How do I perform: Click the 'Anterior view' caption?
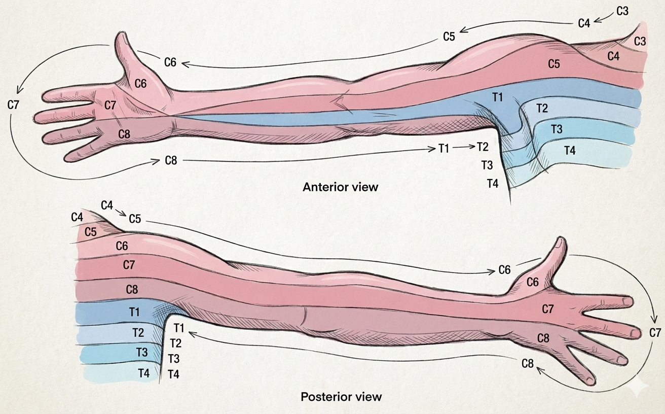(x=340, y=187)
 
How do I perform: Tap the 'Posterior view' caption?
(x=341, y=396)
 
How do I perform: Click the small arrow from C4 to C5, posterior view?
(x=121, y=212)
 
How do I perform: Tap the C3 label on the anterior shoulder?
(x=640, y=42)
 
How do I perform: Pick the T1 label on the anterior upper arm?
(x=497, y=97)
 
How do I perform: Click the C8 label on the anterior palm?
(x=125, y=134)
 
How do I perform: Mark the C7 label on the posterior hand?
(x=548, y=308)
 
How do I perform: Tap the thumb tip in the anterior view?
(x=122, y=37)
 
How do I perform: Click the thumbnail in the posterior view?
(x=559, y=243)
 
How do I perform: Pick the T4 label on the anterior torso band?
(x=570, y=150)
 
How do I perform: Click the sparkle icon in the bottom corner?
(x=637, y=387)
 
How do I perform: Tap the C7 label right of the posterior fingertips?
(x=655, y=333)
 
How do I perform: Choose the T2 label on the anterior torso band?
(x=542, y=108)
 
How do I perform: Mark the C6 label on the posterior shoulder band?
(x=122, y=246)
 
